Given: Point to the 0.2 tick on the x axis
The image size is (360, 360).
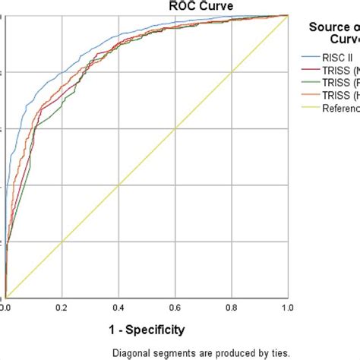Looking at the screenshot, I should (62, 308).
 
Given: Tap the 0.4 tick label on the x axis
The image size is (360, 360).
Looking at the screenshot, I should (118, 308).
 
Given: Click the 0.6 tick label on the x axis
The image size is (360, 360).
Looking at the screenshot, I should (175, 308).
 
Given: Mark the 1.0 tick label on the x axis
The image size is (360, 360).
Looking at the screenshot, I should (287, 308).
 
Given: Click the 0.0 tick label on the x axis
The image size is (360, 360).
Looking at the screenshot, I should (5, 308).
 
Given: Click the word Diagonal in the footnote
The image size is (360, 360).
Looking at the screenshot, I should (131, 352).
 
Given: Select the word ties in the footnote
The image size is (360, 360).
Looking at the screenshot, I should (278, 352).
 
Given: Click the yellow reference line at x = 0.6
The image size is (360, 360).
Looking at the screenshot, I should (175, 128).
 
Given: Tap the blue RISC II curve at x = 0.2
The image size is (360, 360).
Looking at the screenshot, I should (62, 73).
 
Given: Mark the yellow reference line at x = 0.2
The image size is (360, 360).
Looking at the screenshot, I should (62, 242).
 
